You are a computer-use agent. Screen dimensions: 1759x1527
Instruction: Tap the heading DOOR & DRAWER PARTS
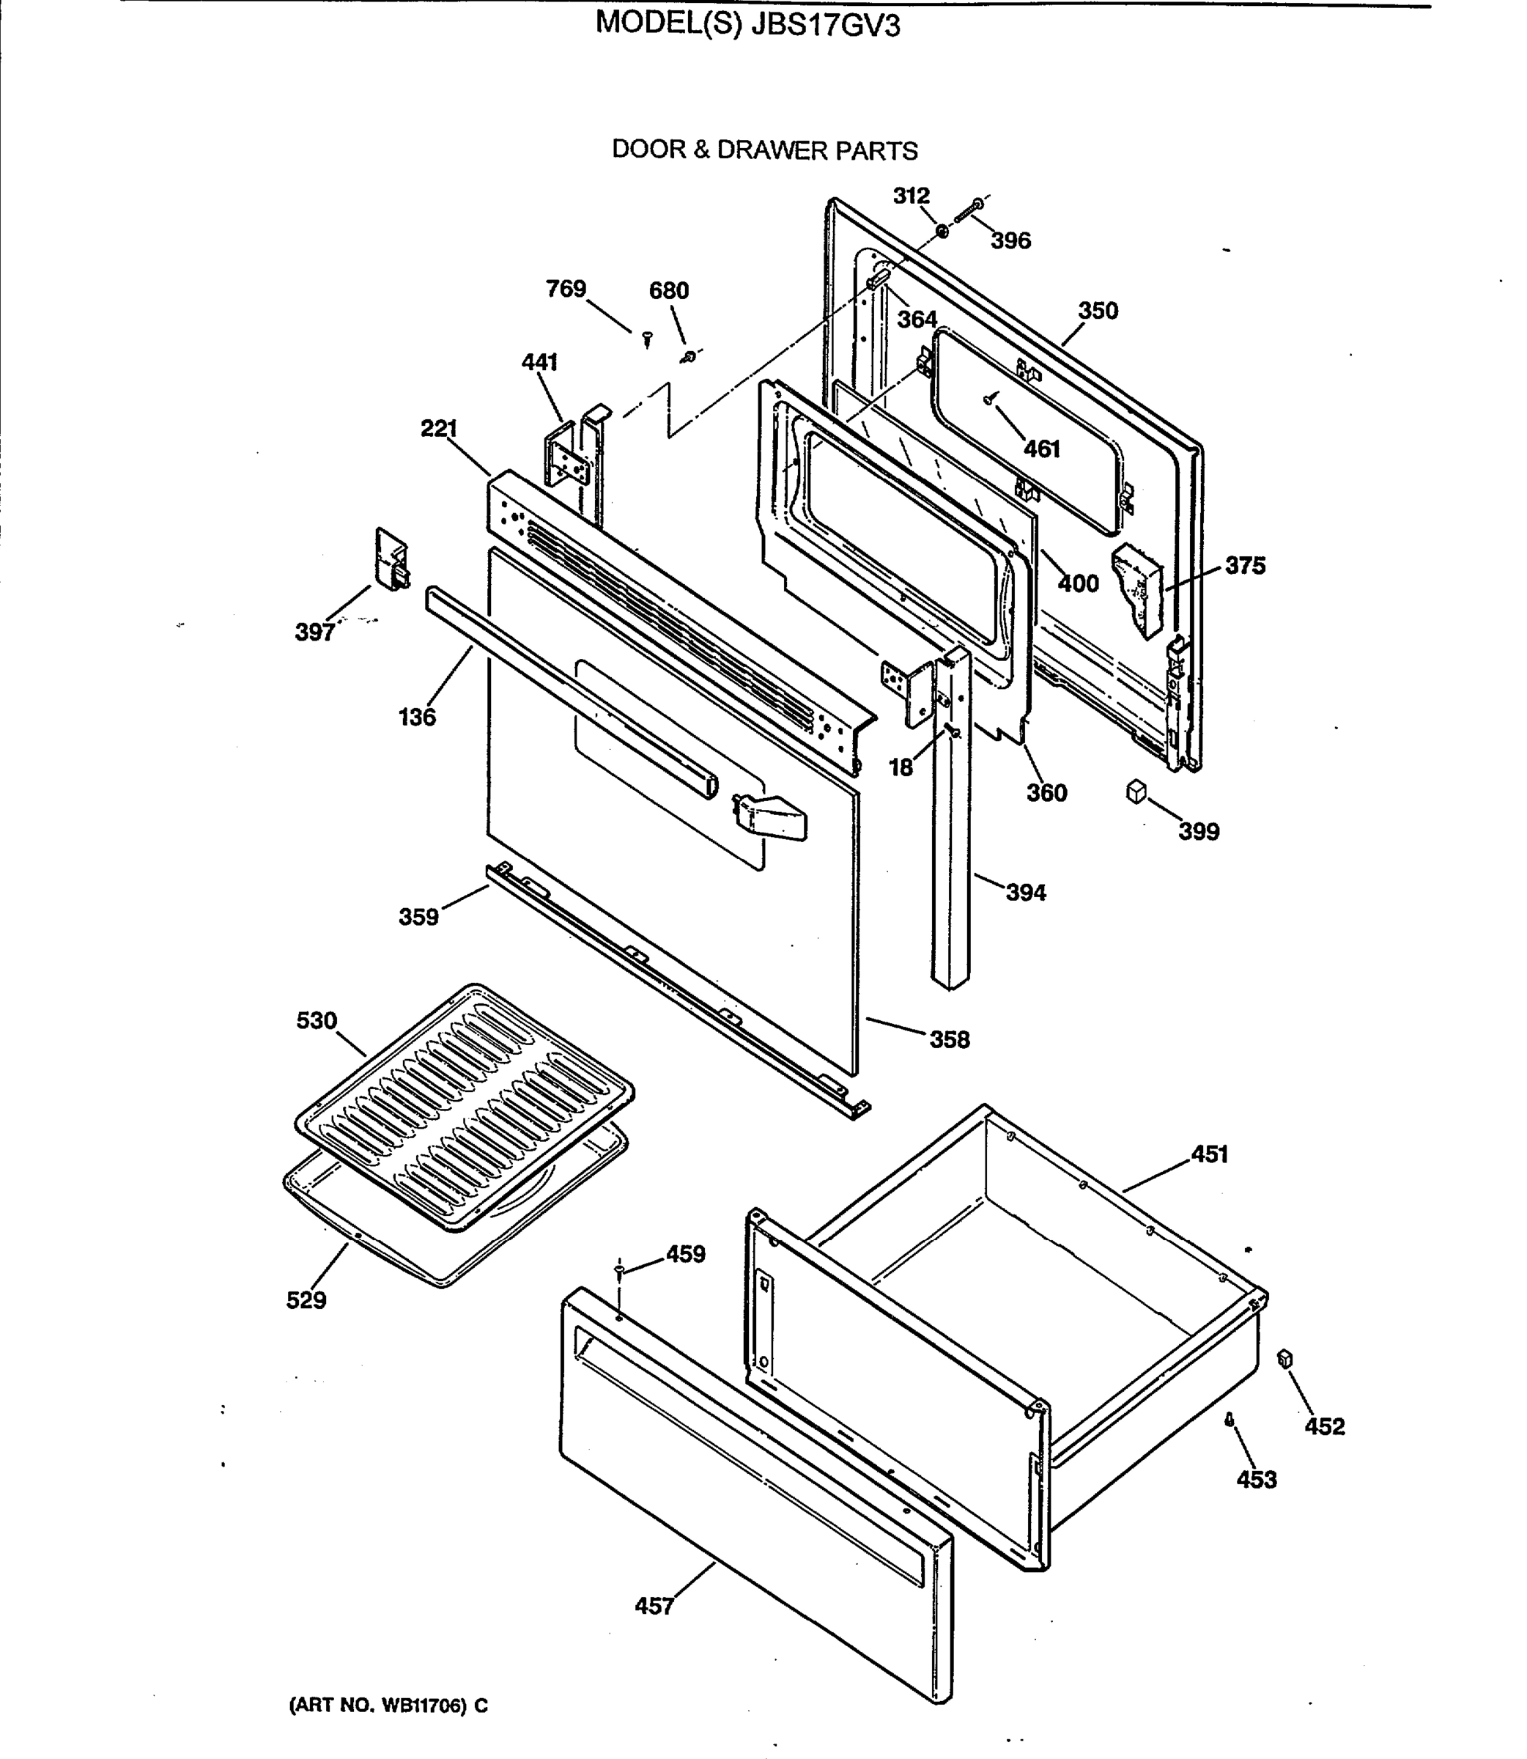[764, 150]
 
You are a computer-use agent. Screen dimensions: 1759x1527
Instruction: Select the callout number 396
[1010, 241]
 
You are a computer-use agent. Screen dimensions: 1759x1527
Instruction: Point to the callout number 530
[317, 1020]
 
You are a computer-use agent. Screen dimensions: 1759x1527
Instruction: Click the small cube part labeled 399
[1136, 792]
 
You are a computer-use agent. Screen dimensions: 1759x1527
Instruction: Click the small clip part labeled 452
[1285, 1360]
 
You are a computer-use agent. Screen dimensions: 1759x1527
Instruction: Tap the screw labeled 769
[647, 339]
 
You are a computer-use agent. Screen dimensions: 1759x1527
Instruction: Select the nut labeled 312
[942, 232]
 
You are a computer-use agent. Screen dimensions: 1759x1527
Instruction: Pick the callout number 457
[654, 1607]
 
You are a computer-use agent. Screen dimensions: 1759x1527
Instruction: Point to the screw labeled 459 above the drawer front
[619, 1271]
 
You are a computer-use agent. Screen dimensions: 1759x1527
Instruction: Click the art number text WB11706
[424, 1705]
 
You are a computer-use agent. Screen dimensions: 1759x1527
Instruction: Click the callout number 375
[1245, 565]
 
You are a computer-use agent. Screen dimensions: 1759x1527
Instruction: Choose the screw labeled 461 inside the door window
[989, 398]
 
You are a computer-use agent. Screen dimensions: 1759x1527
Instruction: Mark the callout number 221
[439, 428]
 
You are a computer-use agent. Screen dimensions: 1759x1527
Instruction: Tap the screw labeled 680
[689, 356]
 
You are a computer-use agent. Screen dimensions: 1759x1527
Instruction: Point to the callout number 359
[418, 917]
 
